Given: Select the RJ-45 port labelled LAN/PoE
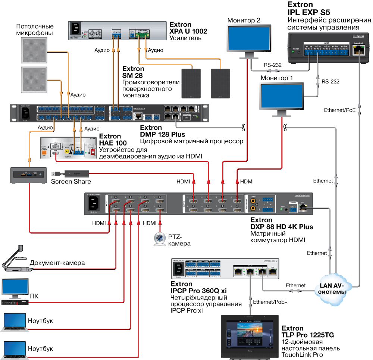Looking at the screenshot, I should coord(358,51).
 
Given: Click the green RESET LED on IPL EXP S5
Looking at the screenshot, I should coord(293,52).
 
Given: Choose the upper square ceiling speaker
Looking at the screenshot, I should coord(34,50).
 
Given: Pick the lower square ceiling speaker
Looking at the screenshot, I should coord(34,79).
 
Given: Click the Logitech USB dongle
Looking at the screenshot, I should coord(77,173).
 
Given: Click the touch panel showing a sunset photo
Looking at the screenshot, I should coord(250,336).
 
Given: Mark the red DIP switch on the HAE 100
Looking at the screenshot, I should coord(93,151).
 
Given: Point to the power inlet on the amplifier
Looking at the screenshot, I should coord(76,29).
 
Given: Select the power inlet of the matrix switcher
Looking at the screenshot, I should coord(93,204).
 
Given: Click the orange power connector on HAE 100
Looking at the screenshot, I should coord(44,153).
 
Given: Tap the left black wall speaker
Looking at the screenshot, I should coord(191,83).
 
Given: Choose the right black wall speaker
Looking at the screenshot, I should coord(220,83).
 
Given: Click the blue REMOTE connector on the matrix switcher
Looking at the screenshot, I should coord(292,210).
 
